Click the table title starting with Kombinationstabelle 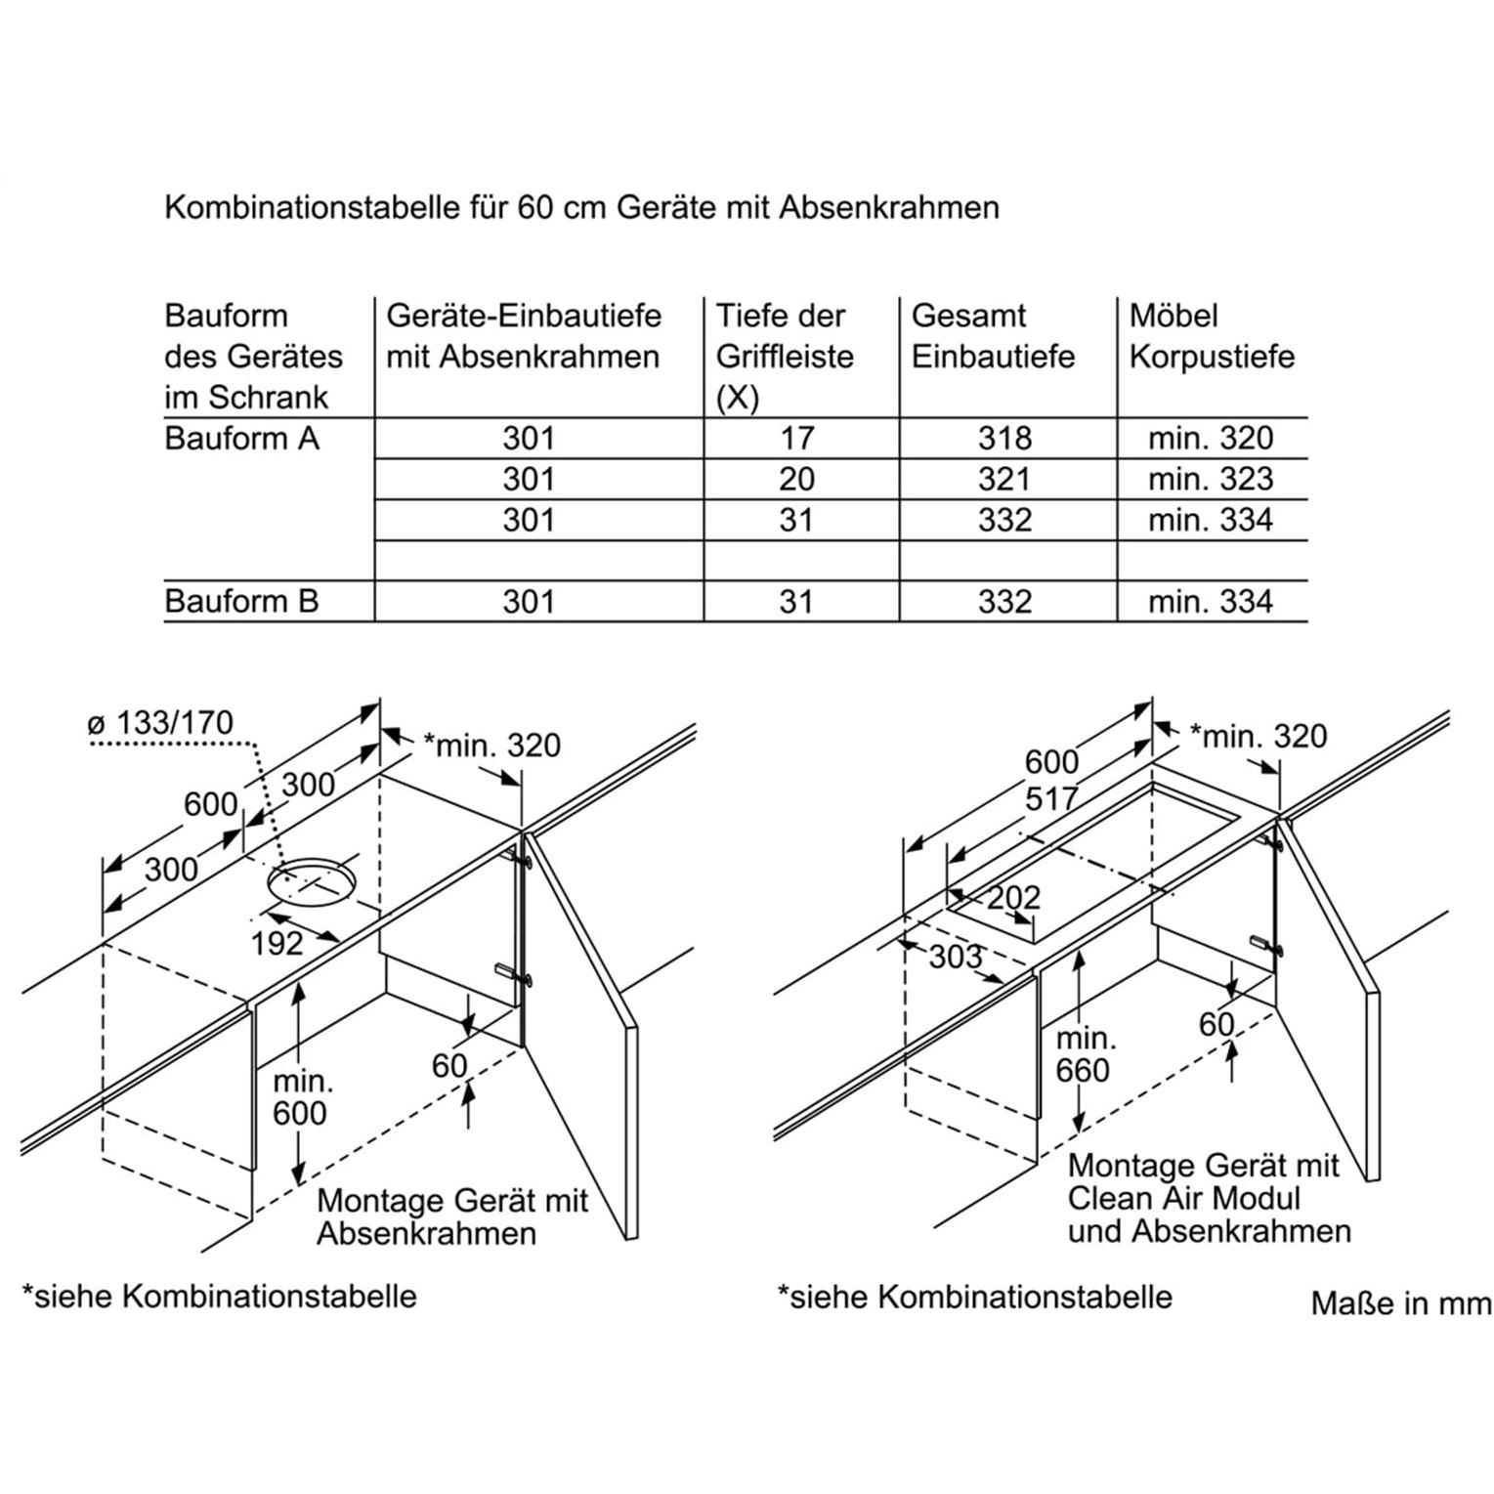point(581,207)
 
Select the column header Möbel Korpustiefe point(1212,336)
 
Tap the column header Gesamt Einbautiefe point(993,336)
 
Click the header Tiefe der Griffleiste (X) point(785,356)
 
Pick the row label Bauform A point(241,439)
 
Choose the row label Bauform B point(241,601)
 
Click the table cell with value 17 point(796,439)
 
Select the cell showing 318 point(1004,439)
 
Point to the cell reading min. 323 point(1211,479)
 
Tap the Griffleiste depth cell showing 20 point(796,479)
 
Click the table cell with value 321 point(1004,479)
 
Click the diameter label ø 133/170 point(160,724)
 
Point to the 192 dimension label point(277,943)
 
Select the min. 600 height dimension point(300,1097)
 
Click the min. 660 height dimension point(1083,1054)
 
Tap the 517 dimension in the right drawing point(1051,799)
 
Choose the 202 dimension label point(1013,897)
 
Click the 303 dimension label point(955,957)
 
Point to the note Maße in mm point(1400,1303)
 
